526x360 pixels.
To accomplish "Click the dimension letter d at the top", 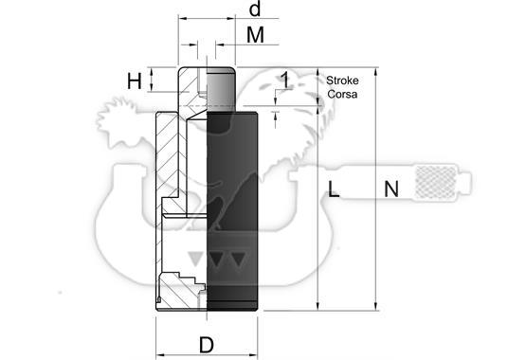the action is (255, 9).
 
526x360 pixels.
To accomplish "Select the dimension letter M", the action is (255, 35).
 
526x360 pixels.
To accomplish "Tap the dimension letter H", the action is (135, 81).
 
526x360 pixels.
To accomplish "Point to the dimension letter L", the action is (333, 189).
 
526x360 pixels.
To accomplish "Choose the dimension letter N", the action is (391, 189).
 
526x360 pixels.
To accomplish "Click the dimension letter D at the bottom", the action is (207, 345).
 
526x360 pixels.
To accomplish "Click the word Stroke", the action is (342, 81).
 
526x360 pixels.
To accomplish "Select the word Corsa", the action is (342, 94).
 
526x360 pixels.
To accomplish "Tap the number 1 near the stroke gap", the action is (285, 81).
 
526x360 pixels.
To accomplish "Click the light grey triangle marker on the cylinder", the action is (195, 259).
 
